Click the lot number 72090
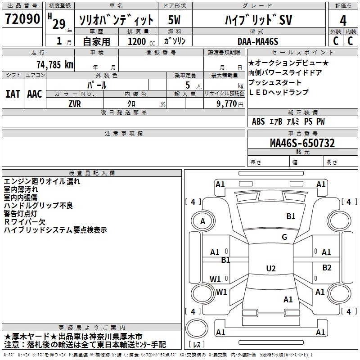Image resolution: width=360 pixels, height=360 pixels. (x=22, y=18)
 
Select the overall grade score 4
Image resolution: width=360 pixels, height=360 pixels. (x=343, y=20)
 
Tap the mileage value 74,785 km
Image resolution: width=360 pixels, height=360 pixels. (x=55, y=65)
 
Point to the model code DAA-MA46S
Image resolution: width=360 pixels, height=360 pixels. (x=258, y=41)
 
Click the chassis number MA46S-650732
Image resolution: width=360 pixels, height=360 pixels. (x=302, y=143)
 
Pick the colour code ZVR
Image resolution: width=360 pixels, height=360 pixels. (x=75, y=104)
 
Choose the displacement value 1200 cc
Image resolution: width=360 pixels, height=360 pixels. (x=141, y=41)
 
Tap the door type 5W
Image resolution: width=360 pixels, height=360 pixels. (x=174, y=20)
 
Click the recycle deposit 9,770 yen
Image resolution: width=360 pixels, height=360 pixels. (x=229, y=104)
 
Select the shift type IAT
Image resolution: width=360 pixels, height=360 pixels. (x=13, y=94)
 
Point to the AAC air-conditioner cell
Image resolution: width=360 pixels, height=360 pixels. (x=35, y=94)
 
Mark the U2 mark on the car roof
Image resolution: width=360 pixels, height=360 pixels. (x=271, y=268)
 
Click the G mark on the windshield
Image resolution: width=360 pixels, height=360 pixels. (x=284, y=237)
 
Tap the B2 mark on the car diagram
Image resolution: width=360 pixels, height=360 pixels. (x=327, y=267)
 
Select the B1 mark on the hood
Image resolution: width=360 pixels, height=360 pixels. (x=291, y=216)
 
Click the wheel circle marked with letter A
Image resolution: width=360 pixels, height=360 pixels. (x=203, y=221)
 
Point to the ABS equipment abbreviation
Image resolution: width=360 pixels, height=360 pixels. (x=258, y=121)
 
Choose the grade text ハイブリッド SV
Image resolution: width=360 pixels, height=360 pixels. (x=258, y=20)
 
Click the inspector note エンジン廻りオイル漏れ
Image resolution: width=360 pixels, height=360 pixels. (x=42, y=181)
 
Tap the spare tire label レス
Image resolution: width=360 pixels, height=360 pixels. (x=197, y=344)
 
